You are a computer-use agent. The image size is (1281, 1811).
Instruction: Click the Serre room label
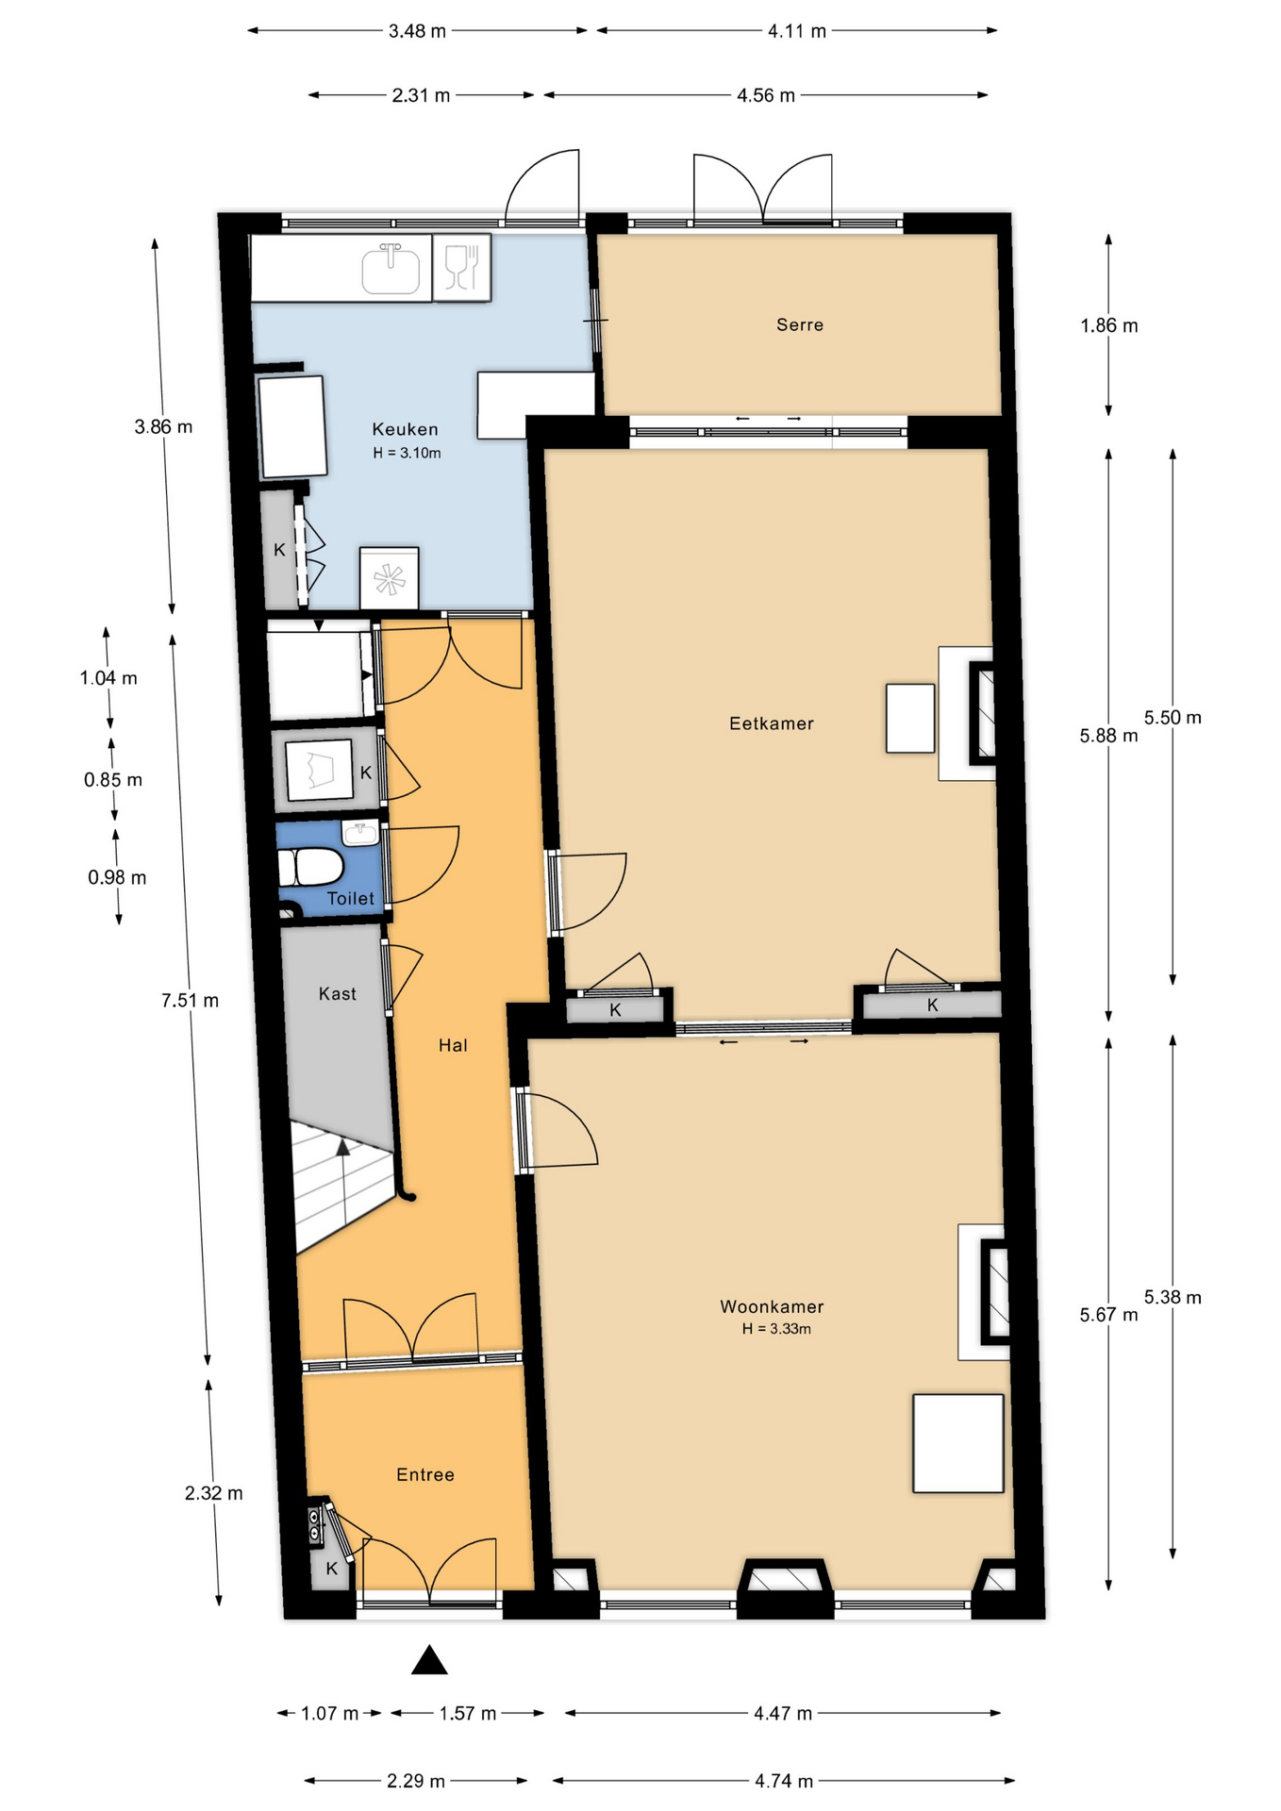(x=800, y=324)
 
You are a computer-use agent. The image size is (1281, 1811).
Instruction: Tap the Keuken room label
(x=405, y=429)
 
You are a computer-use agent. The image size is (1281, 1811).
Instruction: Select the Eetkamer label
(x=772, y=723)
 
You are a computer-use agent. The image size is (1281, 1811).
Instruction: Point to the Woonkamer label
(x=772, y=1306)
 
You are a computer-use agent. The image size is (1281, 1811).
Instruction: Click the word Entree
(x=425, y=1474)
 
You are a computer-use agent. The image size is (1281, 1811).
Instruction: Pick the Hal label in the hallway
(x=453, y=1045)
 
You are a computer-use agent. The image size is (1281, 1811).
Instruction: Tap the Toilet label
(x=351, y=899)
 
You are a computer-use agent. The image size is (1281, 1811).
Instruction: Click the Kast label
(x=338, y=993)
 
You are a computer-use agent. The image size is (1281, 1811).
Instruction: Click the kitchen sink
(x=391, y=269)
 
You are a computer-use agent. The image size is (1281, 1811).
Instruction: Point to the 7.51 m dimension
(x=190, y=1001)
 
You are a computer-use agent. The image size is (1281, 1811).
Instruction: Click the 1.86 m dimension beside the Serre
(x=1109, y=325)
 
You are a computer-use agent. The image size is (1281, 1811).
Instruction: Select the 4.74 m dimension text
(x=784, y=1781)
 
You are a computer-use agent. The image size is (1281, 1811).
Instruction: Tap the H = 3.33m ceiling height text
(x=776, y=1329)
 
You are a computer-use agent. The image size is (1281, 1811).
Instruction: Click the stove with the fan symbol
(x=389, y=578)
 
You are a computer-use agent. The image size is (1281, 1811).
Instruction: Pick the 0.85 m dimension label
(x=113, y=780)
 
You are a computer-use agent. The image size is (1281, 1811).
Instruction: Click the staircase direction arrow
(x=342, y=1147)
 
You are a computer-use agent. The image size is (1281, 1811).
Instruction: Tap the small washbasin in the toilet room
(x=360, y=833)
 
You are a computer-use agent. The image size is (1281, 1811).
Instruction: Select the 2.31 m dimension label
(x=422, y=95)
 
